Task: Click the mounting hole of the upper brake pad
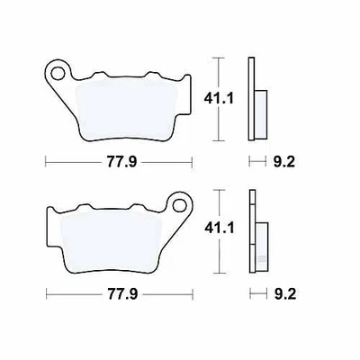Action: pos(59,69)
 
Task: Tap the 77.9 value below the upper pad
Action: pos(119,163)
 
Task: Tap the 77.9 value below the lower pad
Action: pos(119,293)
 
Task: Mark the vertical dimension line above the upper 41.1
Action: pos(217,72)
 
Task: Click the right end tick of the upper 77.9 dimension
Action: pos(193,163)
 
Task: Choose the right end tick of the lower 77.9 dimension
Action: pos(193,293)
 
